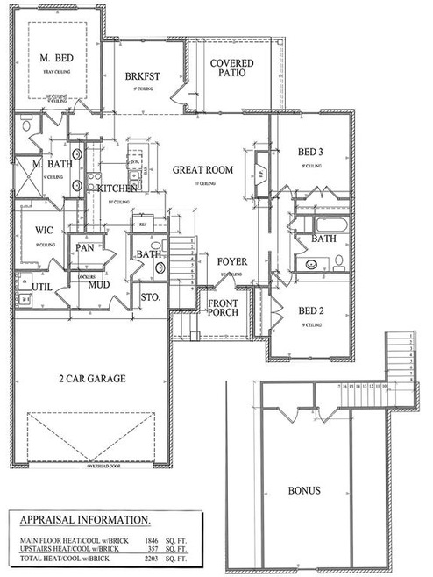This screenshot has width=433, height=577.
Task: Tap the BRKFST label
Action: coord(140,75)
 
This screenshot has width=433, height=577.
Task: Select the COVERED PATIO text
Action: coord(232,68)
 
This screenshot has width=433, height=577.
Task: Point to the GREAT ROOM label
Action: coord(202,169)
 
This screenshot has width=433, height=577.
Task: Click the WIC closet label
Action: coord(45,230)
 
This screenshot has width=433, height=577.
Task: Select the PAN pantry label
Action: coord(84,249)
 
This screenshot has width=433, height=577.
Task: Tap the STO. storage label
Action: coord(151,297)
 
